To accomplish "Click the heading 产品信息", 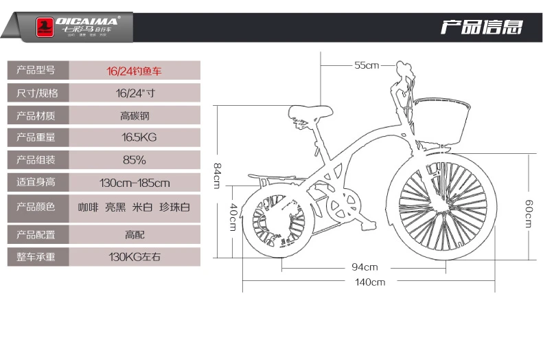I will (481, 27).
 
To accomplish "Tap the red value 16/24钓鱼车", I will (134, 70).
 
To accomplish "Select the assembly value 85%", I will (134, 161).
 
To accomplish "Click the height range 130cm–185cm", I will (135, 183).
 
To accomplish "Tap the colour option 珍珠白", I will (175, 207).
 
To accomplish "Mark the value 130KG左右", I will (135, 258).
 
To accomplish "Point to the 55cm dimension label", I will (367, 65).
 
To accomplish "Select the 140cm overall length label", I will (369, 282).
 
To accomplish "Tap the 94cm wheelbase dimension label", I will (365, 267).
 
